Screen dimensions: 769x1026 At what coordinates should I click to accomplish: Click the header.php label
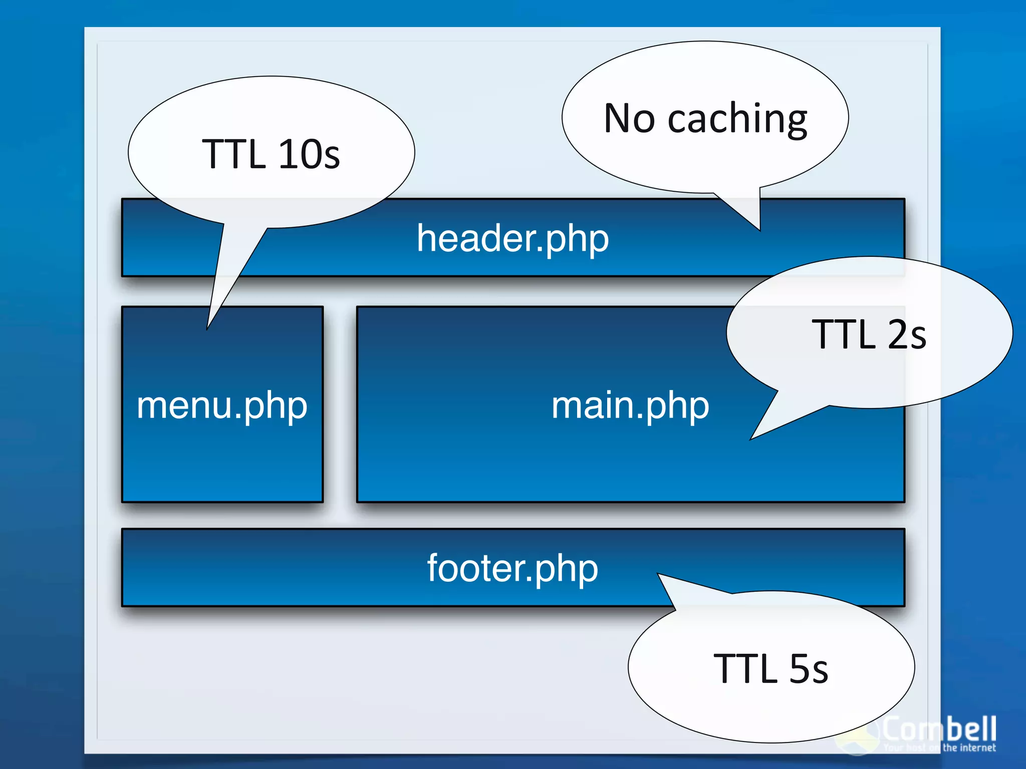point(512,239)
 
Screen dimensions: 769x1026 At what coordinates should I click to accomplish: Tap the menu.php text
point(222,405)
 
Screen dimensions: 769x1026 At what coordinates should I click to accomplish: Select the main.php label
point(630,405)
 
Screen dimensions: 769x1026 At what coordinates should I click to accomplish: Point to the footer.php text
point(512,568)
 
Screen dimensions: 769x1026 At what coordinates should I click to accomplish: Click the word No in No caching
point(629,119)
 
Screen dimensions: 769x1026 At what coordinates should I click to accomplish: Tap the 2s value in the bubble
point(907,334)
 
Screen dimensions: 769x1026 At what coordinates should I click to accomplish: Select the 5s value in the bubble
point(809,669)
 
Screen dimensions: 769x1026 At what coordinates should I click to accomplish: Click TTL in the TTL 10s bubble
point(233,154)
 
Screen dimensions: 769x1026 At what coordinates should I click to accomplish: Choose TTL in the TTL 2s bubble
point(843,334)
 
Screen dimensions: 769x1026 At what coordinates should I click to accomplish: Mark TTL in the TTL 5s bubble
point(745,669)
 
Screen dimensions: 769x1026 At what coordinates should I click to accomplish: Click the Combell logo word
point(939,729)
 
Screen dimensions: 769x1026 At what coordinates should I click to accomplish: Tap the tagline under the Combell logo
point(940,748)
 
